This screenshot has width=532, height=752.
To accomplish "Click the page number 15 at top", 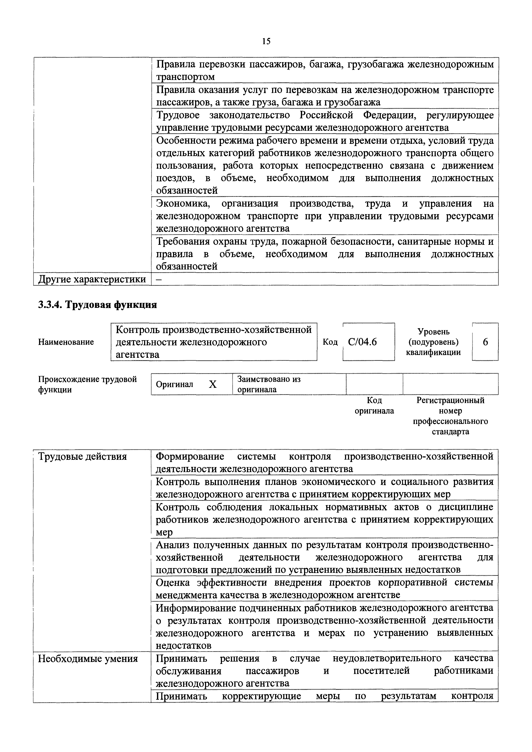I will tap(266, 41).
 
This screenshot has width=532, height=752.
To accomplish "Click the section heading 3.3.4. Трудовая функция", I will tap(97, 305).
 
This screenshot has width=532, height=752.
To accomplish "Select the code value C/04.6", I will tap(362, 342).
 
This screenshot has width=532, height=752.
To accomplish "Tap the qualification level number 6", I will tap(485, 342).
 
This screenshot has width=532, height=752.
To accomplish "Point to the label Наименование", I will tap(66, 342).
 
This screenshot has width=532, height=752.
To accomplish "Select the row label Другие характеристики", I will tap(92, 279).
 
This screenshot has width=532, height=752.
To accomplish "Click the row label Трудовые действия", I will tap(83, 456).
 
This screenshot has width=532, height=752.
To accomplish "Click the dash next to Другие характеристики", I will tap(159, 279).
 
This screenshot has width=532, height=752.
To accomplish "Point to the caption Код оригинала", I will tap(374, 406).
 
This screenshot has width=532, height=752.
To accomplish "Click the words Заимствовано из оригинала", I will tap(269, 384).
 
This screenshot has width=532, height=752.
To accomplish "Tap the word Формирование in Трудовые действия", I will tap(190, 456).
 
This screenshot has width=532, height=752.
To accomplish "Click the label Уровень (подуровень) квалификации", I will tap(433, 342).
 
